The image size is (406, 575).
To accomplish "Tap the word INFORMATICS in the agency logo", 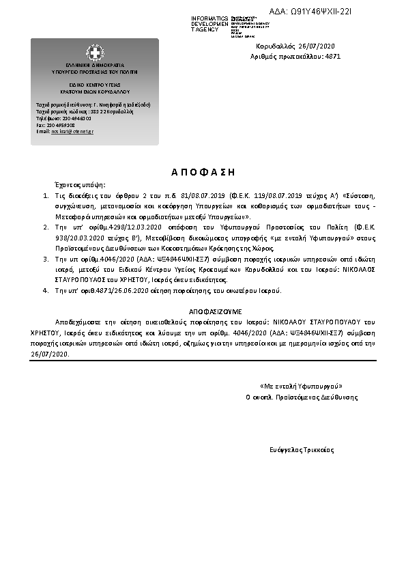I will click(x=209, y=18).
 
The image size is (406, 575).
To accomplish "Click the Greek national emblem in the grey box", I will click(x=95, y=53).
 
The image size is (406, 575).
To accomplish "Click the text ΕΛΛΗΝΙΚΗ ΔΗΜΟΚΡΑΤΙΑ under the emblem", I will click(x=95, y=66).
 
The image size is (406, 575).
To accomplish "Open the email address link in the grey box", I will click(x=72, y=131).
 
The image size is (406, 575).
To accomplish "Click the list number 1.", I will click(x=45, y=195).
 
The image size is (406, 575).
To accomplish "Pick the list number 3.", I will click(x=45, y=260).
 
